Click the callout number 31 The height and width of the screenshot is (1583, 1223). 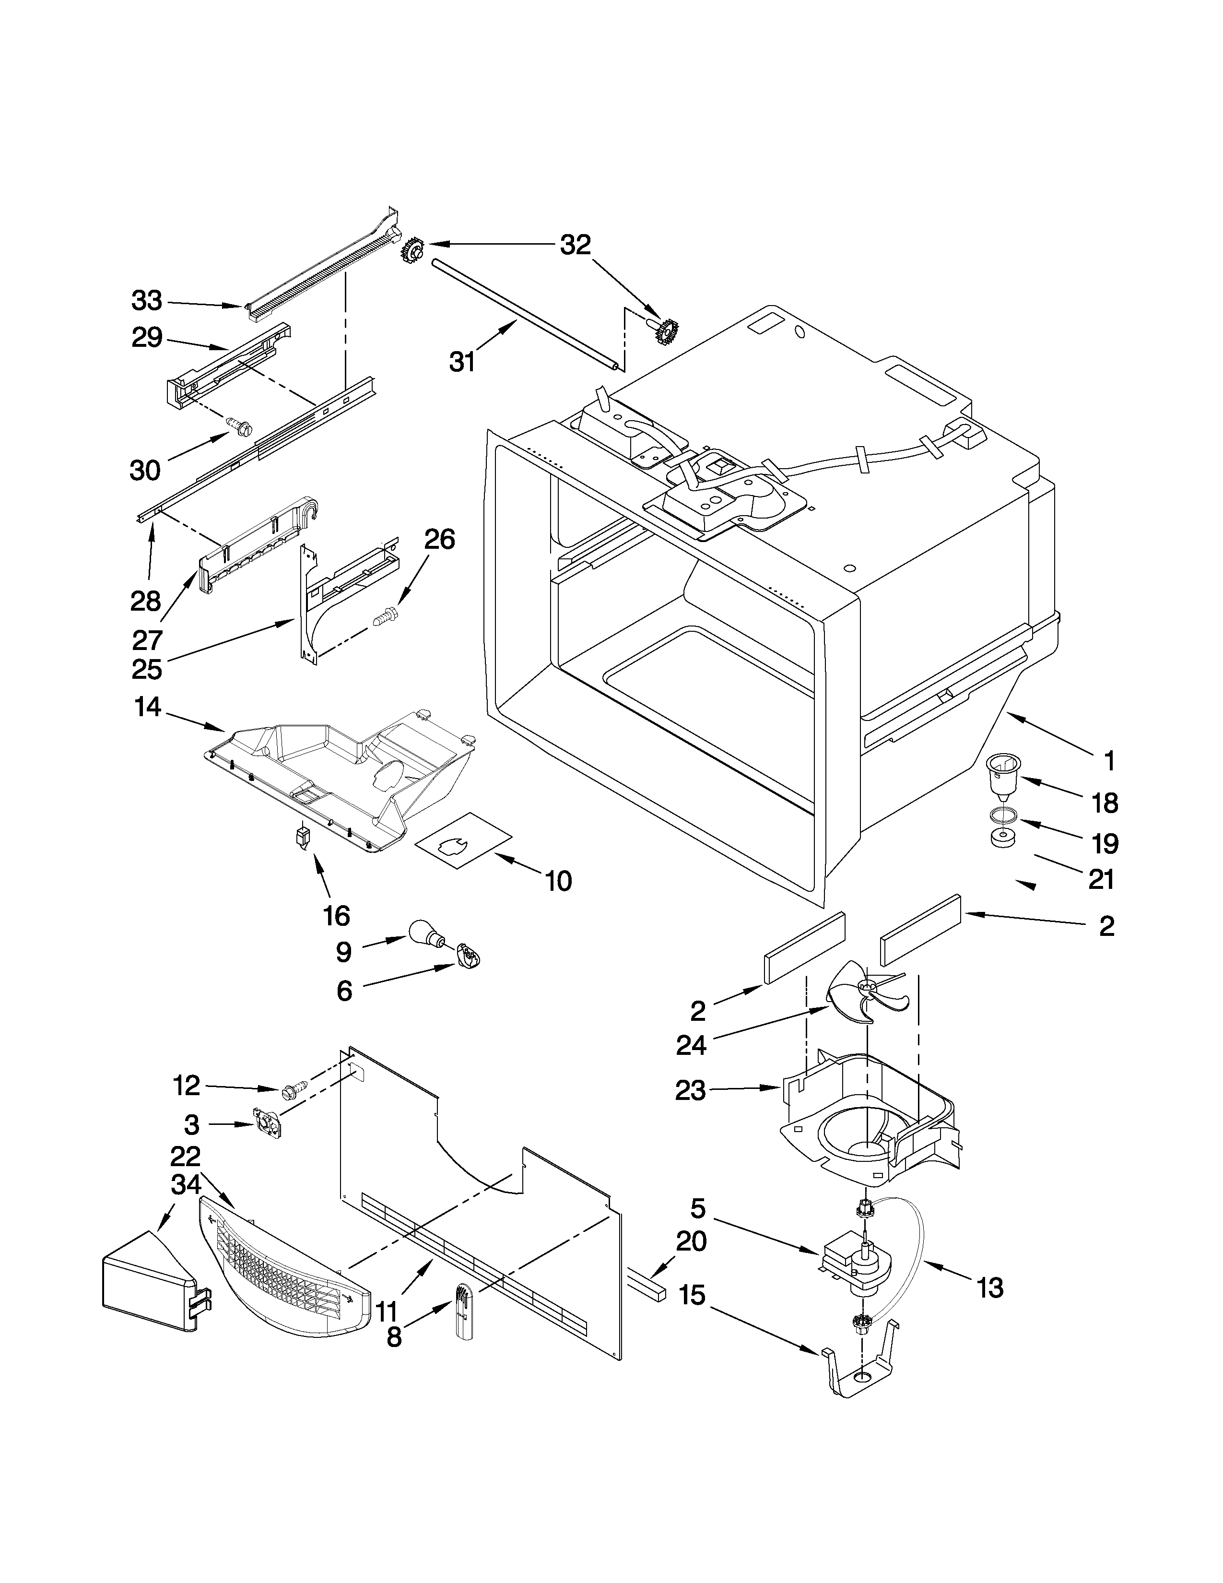point(462,360)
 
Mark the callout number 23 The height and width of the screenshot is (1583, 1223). point(690,1110)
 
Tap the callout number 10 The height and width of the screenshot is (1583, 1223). point(559,881)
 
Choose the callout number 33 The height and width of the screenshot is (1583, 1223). point(147,300)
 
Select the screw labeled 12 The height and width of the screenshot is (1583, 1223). point(295,1110)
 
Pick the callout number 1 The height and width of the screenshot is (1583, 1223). point(1108,761)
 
